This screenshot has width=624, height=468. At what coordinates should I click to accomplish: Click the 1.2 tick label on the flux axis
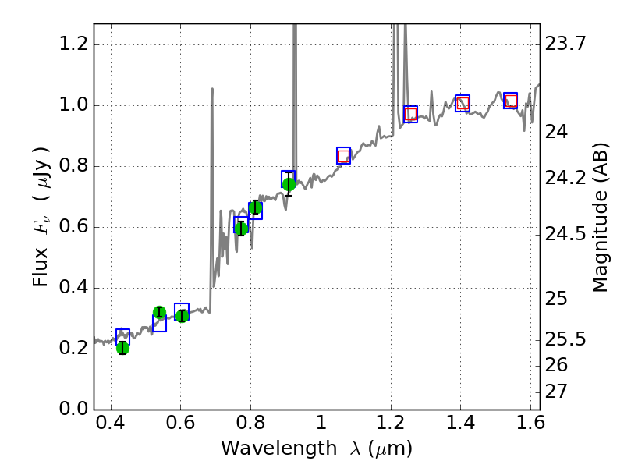[x=74, y=44]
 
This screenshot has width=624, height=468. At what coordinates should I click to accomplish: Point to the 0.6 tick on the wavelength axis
[x=180, y=426]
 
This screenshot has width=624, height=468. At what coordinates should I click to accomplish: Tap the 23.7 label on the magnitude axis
[x=565, y=44]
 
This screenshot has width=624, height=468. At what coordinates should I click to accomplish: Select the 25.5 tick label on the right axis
[x=565, y=339]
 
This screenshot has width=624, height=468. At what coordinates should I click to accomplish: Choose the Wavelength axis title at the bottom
[x=316, y=448]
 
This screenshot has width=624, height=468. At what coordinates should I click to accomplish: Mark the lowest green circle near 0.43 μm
[x=122, y=348]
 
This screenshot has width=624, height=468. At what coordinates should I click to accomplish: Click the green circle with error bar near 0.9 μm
[x=289, y=184]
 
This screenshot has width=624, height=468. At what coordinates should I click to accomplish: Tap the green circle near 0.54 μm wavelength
[x=159, y=313]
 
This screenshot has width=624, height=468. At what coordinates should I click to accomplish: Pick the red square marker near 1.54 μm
[x=511, y=101]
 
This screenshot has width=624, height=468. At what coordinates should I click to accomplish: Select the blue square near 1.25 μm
[x=410, y=114]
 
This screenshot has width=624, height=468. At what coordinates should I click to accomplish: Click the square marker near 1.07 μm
[x=343, y=156]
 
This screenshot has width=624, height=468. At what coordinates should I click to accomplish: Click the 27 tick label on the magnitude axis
[x=558, y=391]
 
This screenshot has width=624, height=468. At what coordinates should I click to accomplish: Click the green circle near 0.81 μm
[x=255, y=207]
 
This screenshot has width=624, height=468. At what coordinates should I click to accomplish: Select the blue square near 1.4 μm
[x=463, y=103]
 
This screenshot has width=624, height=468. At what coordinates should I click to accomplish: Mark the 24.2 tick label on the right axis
[x=565, y=179]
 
